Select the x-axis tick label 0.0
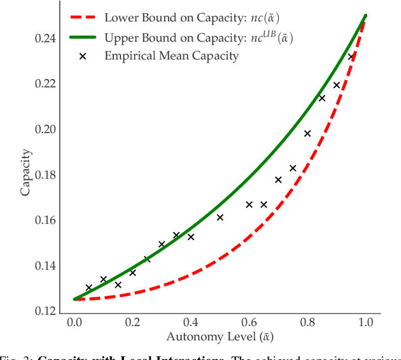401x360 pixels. click(74, 322)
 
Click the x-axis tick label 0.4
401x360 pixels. click(190, 322)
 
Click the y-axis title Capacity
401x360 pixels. click(26, 172)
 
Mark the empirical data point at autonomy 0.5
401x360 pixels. click(220, 218)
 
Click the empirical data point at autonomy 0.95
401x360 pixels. click(351, 57)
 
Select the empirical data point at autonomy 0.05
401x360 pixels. click(89, 288)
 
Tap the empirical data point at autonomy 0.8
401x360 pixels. click(307, 134)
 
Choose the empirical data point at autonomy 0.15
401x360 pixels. click(118, 285)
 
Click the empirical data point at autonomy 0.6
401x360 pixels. click(249, 204)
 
